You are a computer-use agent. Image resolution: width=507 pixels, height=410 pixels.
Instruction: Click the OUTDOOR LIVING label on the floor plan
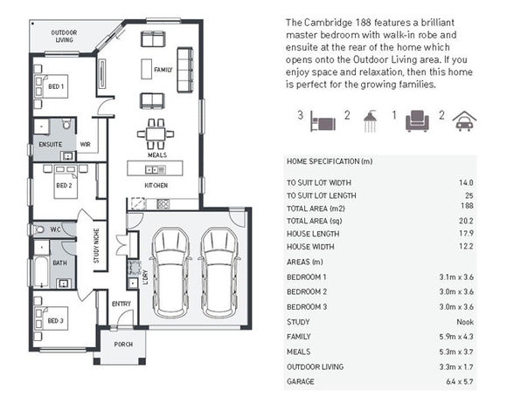pos(64,36)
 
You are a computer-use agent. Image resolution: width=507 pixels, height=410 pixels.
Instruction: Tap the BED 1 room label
pos(56,86)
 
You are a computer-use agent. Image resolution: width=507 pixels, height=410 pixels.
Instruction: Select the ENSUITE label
pos(51,144)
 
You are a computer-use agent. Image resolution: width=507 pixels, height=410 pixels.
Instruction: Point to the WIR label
pos(86,144)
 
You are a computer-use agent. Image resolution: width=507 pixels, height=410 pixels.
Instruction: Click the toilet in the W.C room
pos(38,229)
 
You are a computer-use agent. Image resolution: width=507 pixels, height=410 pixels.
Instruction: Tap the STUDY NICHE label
pos(96,246)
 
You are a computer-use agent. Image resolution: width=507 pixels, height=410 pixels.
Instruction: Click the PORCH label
pos(123,345)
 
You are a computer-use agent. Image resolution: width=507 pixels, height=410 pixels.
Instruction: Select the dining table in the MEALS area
pos(156,133)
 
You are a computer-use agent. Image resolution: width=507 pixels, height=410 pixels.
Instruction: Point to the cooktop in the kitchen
pos(163,204)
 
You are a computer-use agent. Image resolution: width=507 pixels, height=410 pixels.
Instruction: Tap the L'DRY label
pos(145,277)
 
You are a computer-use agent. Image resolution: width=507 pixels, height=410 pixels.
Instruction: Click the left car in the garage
pos(170,273)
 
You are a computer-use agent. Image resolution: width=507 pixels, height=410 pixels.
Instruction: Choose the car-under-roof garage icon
pos(464,121)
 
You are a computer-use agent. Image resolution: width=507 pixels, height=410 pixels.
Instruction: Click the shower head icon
pos(371,121)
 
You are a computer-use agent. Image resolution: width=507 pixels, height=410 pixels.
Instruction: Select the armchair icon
pos(418,120)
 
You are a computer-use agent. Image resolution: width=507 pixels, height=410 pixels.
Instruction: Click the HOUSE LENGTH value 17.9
pos(466,233)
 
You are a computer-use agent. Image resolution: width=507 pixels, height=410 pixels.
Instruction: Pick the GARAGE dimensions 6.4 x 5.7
pos(460,381)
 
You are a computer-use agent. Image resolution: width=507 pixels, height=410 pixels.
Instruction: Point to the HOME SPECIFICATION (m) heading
pos(330,161)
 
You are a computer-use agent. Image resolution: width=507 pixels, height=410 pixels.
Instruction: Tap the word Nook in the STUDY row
pos(465,322)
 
